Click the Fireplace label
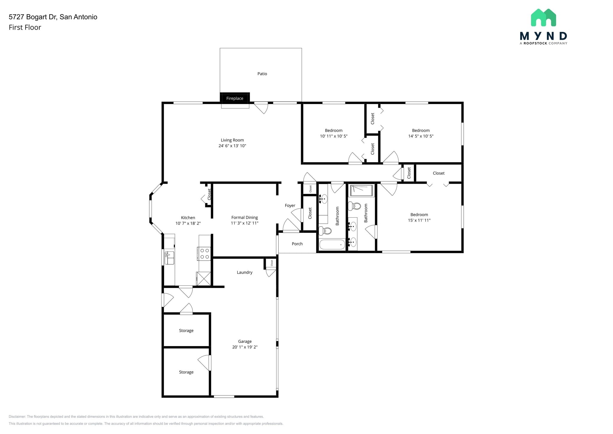coord(235,98)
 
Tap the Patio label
coord(262,74)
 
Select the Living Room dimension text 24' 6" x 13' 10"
coord(232,146)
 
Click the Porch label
coord(297,244)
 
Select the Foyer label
coord(290,206)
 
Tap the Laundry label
coord(245,272)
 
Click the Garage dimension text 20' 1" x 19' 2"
coord(245,347)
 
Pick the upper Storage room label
coord(186,331)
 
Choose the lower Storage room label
coord(186,372)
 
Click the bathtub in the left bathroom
coord(332,245)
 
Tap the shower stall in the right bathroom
coord(362,191)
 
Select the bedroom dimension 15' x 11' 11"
coord(419,220)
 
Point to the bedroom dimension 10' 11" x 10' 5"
coord(334,136)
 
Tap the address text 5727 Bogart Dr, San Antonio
coord(53,17)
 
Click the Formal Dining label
coord(245,218)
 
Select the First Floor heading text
coord(25,27)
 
